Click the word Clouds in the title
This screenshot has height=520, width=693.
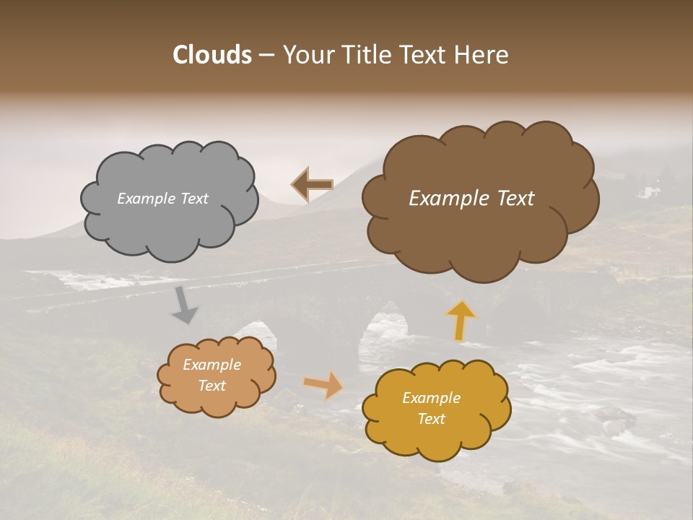pyautogui.click(x=212, y=55)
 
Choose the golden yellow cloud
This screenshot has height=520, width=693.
pyautogui.click(x=436, y=409)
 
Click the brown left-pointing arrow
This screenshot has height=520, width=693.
pyautogui.click(x=312, y=185)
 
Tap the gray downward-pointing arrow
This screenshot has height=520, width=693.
pyautogui.click(x=185, y=305)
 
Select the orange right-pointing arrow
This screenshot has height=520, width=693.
pyautogui.click(x=324, y=385)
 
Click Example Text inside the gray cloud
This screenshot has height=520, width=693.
pyautogui.click(x=162, y=199)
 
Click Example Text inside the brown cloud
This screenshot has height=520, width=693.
pyautogui.click(x=471, y=199)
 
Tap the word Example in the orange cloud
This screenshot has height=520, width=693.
pyautogui.click(x=212, y=365)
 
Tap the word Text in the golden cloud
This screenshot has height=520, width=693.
pyautogui.click(x=431, y=420)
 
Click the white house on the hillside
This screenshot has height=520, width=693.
pyautogui.click(x=648, y=192)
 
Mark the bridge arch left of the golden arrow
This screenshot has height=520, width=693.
pyautogui.click(x=383, y=329)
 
